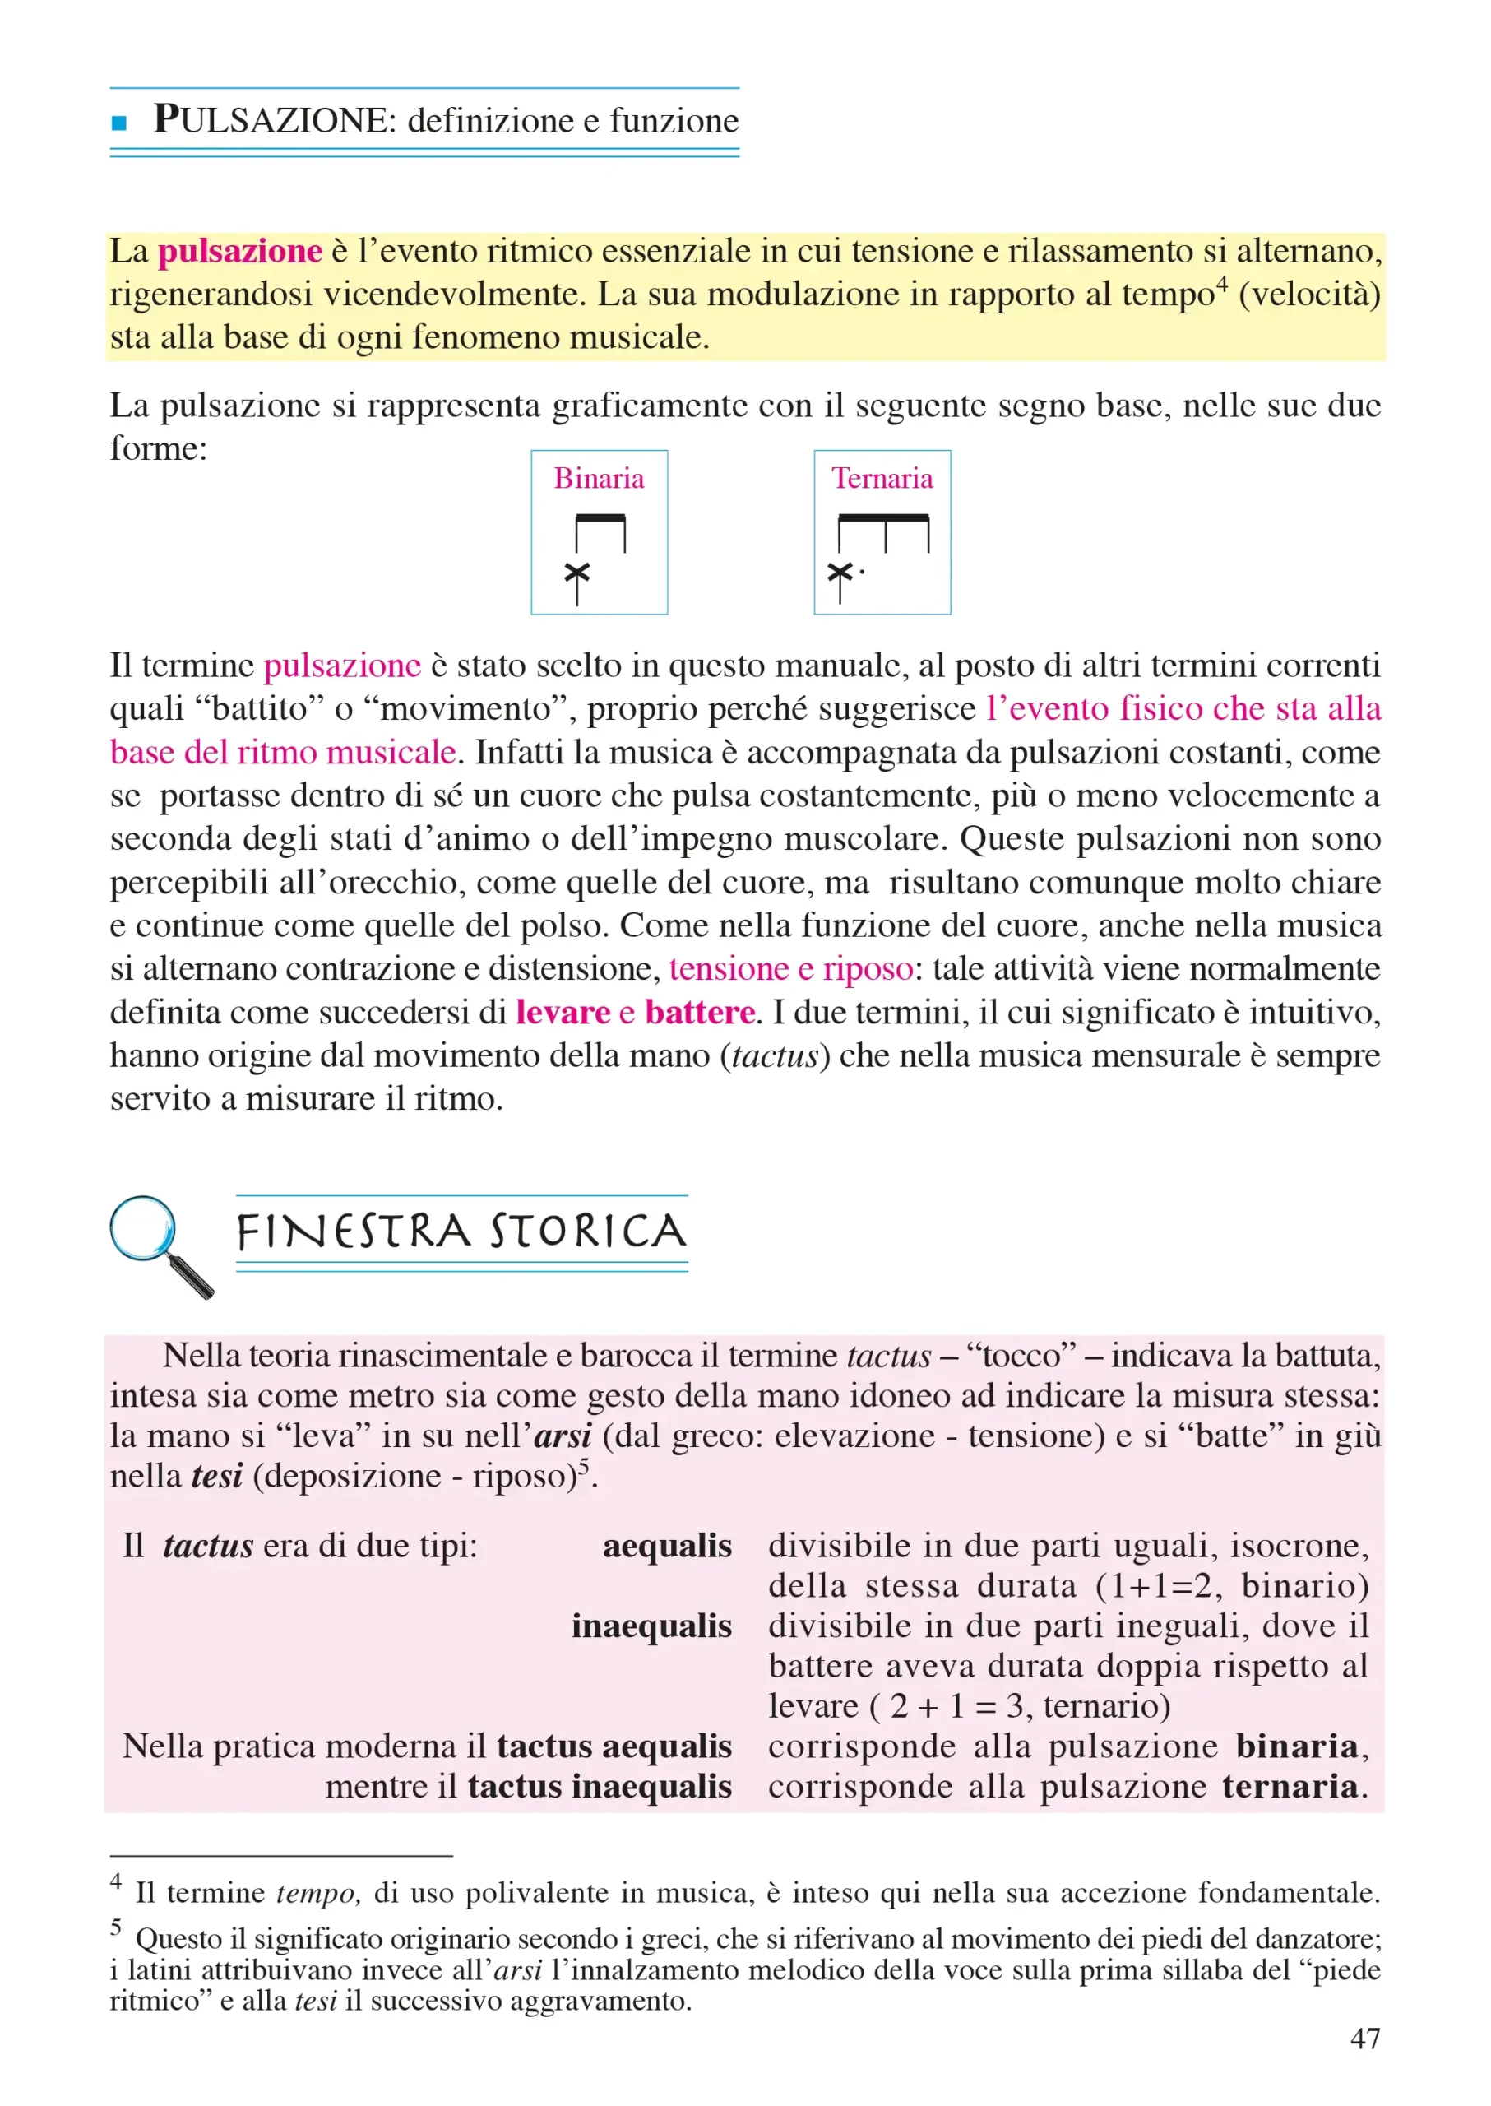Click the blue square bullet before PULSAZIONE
[x=118, y=122]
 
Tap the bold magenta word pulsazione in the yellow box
[x=239, y=251]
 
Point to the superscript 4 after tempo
[x=1221, y=285]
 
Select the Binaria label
[x=599, y=479]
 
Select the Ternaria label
[x=882, y=479]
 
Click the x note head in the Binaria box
[x=576, y=573]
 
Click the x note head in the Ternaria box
[x=839, y=573]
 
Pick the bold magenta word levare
[x=562, y=1012]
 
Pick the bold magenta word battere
[x=700, y=1012]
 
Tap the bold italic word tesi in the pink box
[x=216, y=1475]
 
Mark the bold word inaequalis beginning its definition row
[x=651, y=1626]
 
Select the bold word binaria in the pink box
[x=1296, y=1746]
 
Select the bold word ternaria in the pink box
[x=1290, y=1786]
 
